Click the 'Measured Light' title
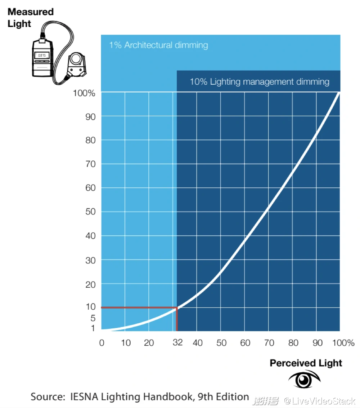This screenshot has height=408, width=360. tap(30, 18)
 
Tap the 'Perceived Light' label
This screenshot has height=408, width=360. tap(306, 363)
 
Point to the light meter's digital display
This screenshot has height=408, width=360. tap(42, 55)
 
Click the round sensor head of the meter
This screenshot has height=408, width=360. tap(76, 58)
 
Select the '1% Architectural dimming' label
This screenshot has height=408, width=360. tap(158, 45)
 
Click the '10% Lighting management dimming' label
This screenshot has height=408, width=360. tap(259, 81)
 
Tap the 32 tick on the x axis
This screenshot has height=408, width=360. tap(177, 342)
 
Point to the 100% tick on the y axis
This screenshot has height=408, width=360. tap(84, 93)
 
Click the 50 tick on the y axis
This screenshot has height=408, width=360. tap(90, 212)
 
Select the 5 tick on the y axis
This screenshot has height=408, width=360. tap(93, 318)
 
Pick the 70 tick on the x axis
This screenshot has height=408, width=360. tap(269, 343)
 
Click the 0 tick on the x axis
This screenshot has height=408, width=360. tap(102, 343)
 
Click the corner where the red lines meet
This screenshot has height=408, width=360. tap(177, 307)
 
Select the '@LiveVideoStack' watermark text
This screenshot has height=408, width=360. tap(320, 400)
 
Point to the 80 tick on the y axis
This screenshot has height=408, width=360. tap(90, 140)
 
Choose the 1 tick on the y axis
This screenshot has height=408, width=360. tap(93, 328)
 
